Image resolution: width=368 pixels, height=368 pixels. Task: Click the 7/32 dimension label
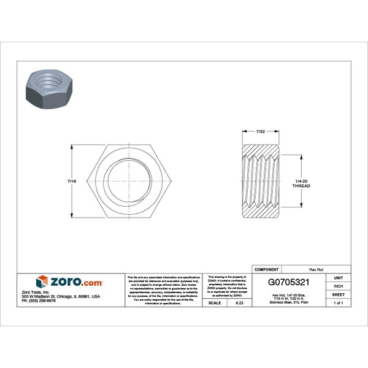(x=261, y=132)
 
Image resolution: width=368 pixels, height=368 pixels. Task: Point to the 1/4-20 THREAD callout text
(x=302, y=183)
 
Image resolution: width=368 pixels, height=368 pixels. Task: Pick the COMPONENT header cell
(x=266, y=269)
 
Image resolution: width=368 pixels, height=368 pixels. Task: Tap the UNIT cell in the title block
(x=338, y=278)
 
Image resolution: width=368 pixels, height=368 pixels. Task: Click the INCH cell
(x=338, y=286)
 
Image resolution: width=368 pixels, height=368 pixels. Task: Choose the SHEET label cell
(x=338, y=294)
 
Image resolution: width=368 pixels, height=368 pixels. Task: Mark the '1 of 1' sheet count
(x=338, y=303)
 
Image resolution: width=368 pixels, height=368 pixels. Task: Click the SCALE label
(x=215, y=303)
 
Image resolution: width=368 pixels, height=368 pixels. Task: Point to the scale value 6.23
(x=239, y=303)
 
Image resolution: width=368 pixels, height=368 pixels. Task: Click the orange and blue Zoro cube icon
(x=42, y=282)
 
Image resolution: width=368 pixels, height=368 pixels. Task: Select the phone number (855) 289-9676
(x=38, y=301)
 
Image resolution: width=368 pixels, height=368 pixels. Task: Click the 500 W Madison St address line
(x=61, y=296)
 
